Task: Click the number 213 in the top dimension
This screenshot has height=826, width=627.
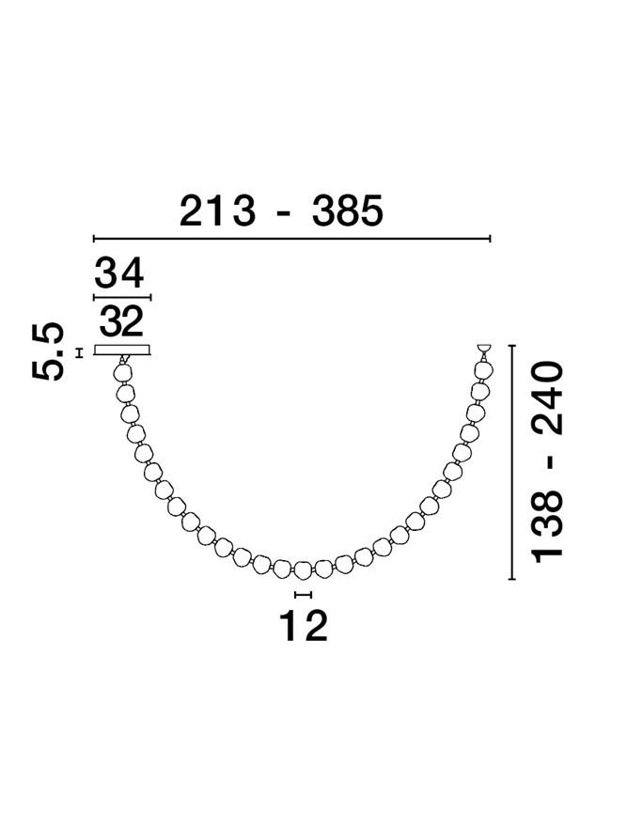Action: tap(217, 211)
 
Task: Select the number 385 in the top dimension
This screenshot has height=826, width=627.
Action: tap(348, 211)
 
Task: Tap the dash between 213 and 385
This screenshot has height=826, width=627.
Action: tap(282, 213)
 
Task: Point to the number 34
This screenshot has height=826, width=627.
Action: tap(119, 273)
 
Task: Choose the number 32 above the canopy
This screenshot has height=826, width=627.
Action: tap(121, 322)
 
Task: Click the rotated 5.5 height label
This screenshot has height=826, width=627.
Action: tap(48, 351)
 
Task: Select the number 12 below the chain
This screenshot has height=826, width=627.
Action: tap(304, 625)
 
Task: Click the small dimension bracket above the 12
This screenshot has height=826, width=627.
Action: tap(303, 595)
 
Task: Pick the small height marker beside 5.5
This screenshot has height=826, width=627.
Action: tap(80, 352)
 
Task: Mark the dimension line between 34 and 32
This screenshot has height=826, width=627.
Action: tap(122, 298)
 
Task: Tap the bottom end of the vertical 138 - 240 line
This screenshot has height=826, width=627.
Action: tap(511, 580)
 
